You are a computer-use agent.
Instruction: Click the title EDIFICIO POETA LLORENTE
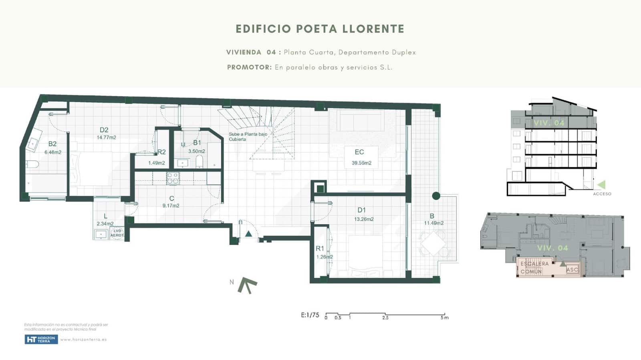point(320,29)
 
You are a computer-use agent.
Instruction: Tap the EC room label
point(359,152)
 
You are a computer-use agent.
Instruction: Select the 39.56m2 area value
point(361,163)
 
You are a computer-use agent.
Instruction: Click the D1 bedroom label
point(361,210)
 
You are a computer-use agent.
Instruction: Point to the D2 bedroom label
point(104,130)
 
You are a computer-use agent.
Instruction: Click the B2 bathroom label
point(52,144)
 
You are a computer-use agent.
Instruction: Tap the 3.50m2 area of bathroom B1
point(196,151)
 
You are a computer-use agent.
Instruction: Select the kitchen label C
point(171,199)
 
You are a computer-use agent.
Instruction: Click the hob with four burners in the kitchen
point(173,178)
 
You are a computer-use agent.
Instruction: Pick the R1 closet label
point(320,249)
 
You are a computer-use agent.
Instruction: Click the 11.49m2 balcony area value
point(434,223)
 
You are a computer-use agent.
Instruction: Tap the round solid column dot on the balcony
point(436,196)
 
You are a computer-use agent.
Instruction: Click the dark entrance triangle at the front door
point(248,233)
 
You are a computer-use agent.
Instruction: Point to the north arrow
point(247,285)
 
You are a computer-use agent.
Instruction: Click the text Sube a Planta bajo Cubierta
point(248,137)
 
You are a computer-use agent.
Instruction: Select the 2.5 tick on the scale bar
point(385,318)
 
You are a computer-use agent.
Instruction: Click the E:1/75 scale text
point(310,315)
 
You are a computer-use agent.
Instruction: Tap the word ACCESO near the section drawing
point(602,194)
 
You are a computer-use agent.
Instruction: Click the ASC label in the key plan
point(572,269)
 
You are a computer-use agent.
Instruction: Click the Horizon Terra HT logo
point(41,340)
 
